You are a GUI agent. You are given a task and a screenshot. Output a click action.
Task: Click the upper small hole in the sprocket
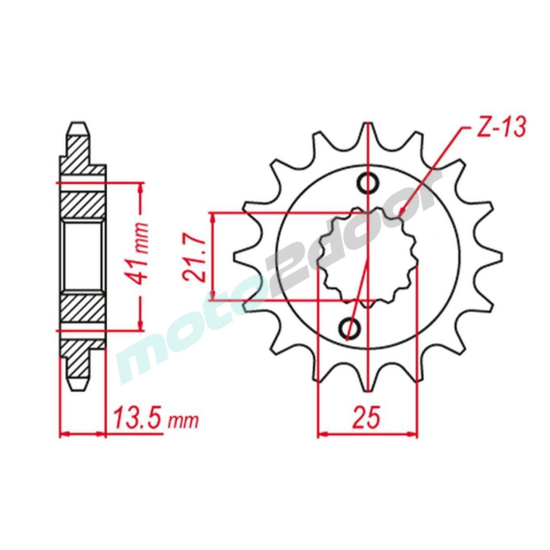point(368,183)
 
